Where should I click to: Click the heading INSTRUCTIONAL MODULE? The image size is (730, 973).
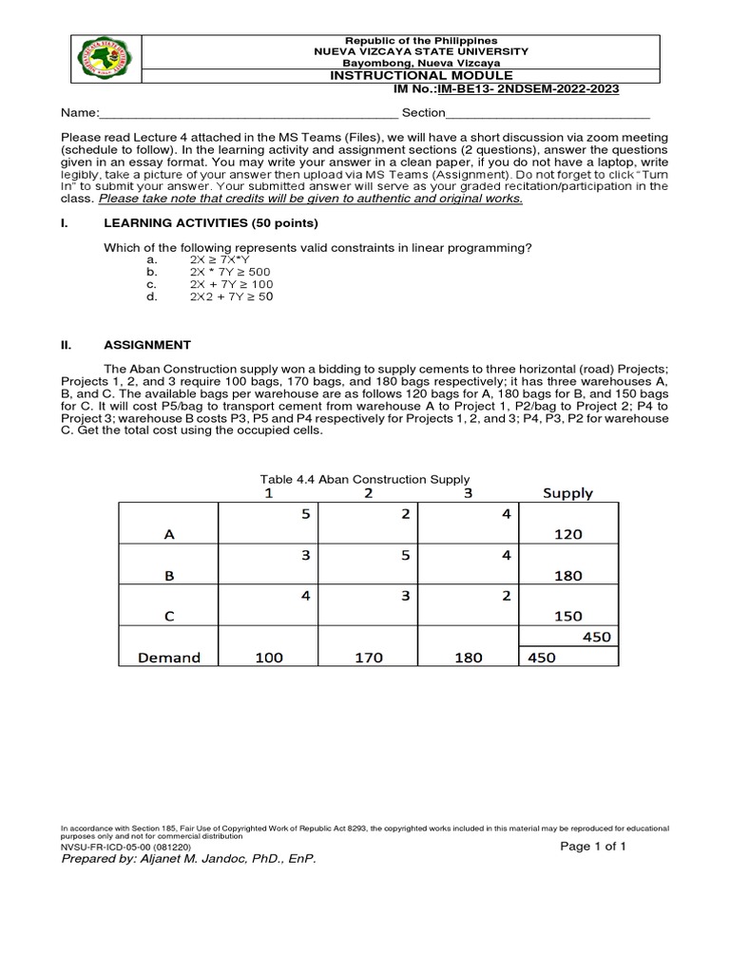(421, 75)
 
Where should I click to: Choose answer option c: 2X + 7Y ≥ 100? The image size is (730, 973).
(231, 284)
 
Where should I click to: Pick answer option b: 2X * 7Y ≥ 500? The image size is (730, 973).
(230, 272)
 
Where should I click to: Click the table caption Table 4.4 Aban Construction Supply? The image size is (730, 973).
(365, 479)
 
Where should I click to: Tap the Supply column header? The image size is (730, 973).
(567, 493)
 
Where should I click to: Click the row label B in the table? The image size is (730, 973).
(169, 575)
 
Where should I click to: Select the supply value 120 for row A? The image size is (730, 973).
(567, 535)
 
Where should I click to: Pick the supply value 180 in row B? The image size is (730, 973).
(567, 575)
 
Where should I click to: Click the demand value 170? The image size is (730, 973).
(368, 658)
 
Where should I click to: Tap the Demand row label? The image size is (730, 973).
(168, 658)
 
